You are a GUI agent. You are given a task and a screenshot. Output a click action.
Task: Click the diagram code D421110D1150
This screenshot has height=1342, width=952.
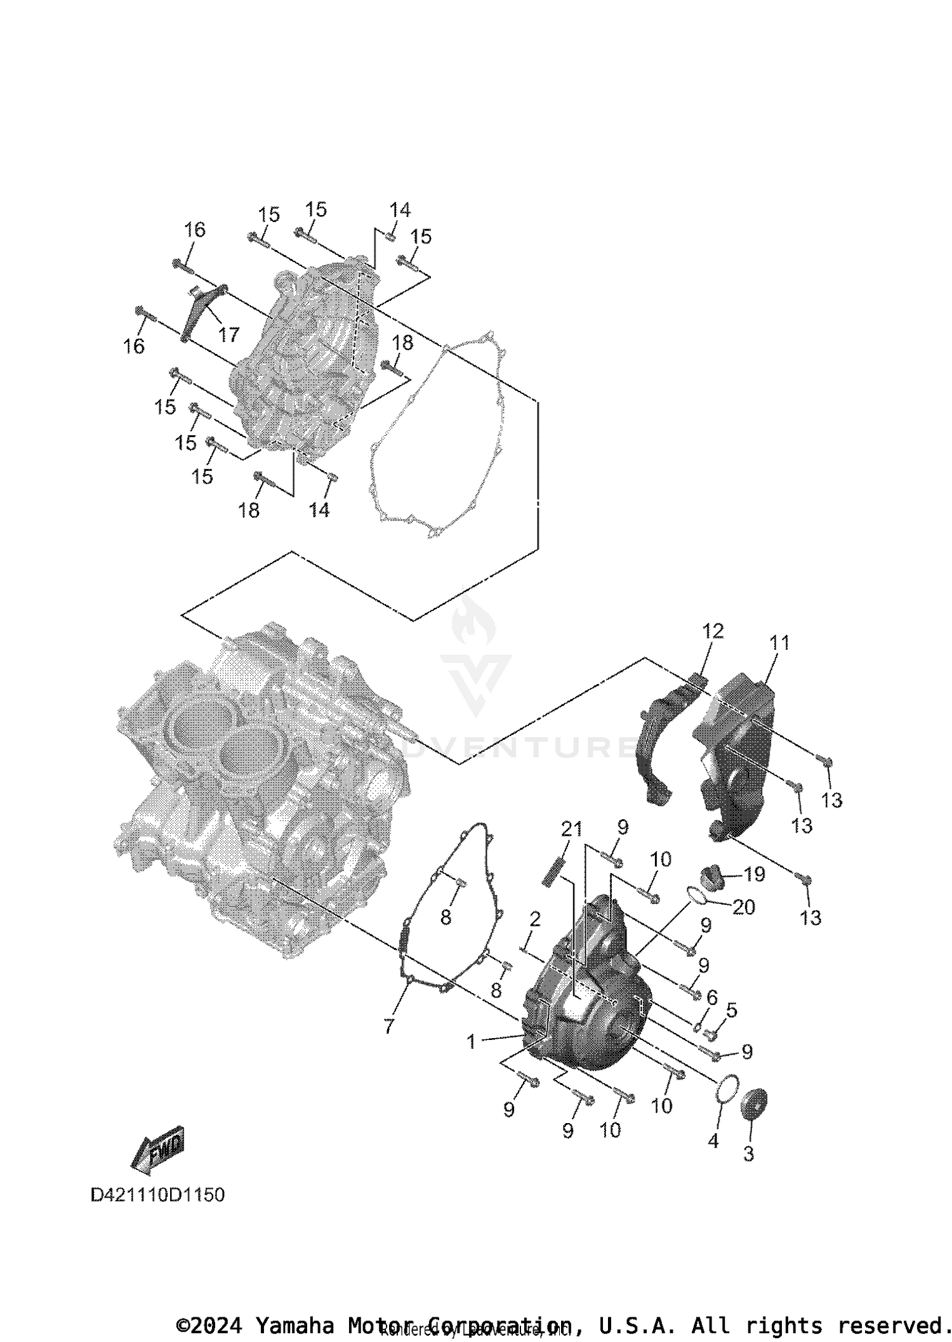(157, 1195)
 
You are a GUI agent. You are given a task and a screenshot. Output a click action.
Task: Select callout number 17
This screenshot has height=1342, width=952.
(228, 334)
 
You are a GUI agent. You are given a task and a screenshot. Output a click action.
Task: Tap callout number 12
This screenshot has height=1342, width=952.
(713, 631)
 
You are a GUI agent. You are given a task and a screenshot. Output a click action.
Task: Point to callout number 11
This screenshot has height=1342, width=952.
(779, 643)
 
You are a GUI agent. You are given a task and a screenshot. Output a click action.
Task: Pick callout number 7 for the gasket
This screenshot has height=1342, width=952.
(388, 1026)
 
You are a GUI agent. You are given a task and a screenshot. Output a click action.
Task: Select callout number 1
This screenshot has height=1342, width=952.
(471, 1041)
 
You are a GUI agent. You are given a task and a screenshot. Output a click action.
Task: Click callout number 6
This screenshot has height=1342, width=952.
(711, 997)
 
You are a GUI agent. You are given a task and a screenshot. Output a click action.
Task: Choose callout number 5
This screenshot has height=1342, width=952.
(732, 1010)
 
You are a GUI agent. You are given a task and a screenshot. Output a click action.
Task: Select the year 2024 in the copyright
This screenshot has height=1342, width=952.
(215, 1326)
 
